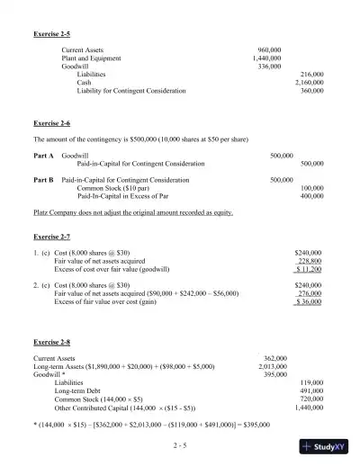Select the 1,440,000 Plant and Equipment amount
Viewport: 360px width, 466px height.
266,58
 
